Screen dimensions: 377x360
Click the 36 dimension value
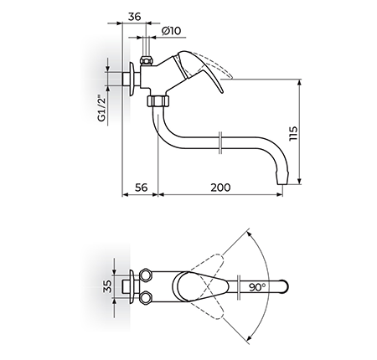(x=134, y=17)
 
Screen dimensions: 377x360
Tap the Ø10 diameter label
(x=171, y=31)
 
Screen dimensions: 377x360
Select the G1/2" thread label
(x=102, y=109)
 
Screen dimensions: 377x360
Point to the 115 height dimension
(x=293, y=133)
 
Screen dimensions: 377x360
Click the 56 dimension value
(x=141, y=188)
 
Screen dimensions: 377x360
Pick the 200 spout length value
(x=220, y=188)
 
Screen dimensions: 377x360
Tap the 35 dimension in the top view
(x=107, y=286)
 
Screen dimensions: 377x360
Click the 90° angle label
(x=257, y=287)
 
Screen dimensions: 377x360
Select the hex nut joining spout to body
(x=158, y=100)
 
